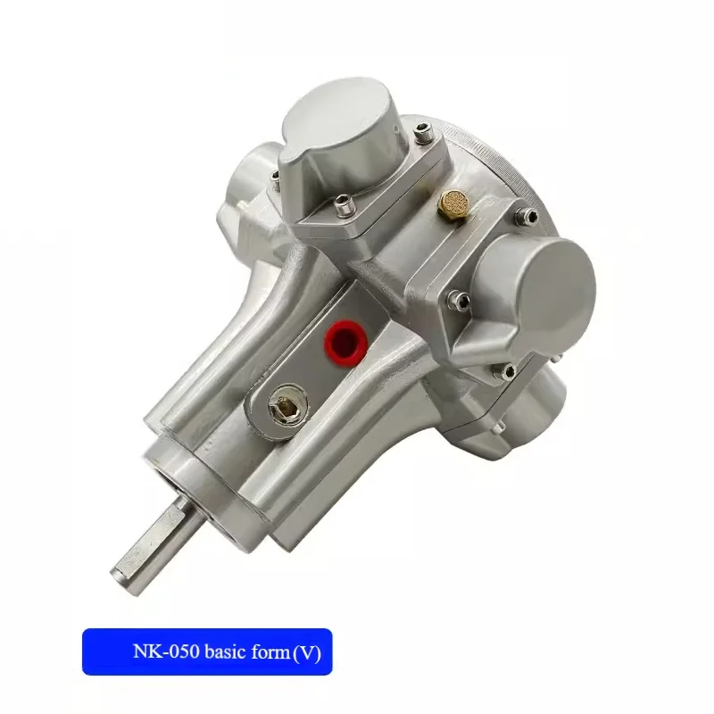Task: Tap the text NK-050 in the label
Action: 166,652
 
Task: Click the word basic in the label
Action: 226,652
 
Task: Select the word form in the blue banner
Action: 270,652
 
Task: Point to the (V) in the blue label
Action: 306,653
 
